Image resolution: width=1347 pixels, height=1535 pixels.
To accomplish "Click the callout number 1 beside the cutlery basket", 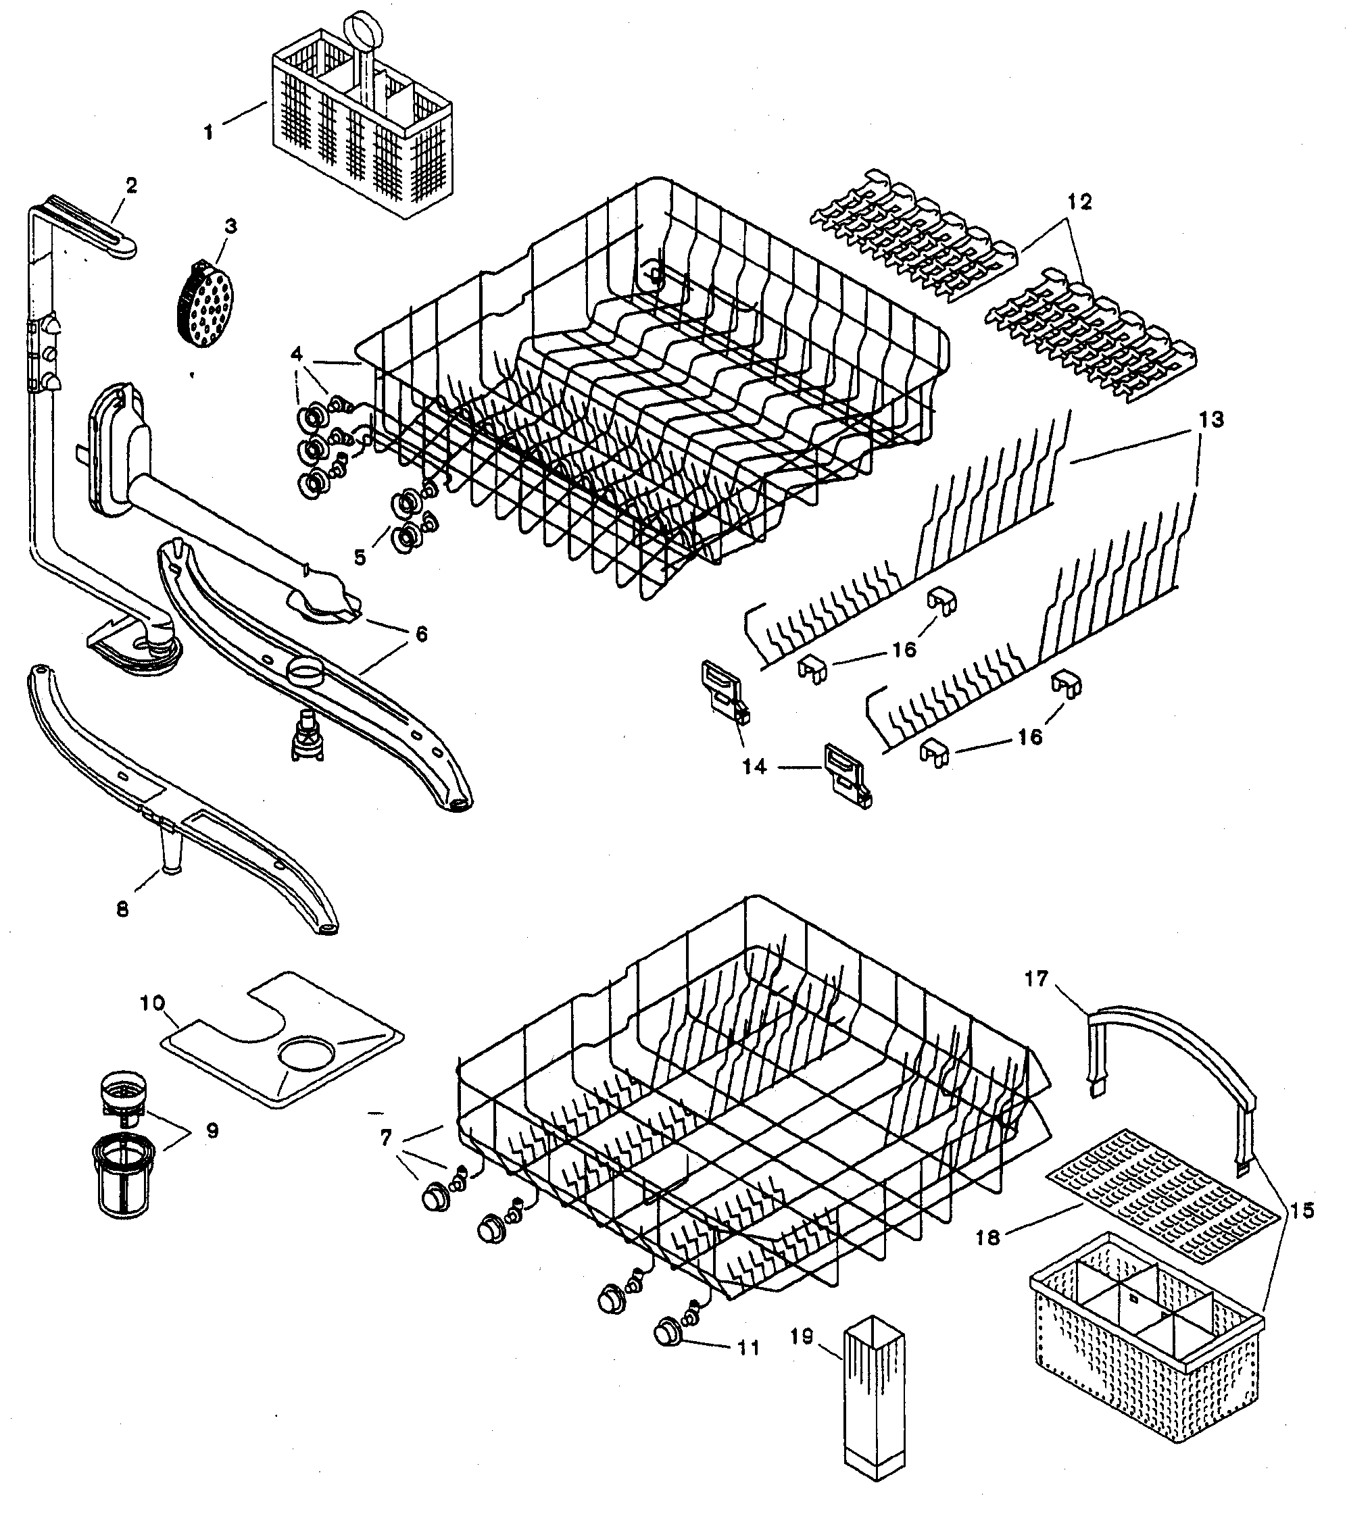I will point(208,133).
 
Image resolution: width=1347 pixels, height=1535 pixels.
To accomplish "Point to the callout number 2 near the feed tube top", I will point(132,184).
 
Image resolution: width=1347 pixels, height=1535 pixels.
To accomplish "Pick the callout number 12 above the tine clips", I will point(1079,202).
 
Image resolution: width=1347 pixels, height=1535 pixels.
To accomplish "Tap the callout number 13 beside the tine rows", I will point(1211,419).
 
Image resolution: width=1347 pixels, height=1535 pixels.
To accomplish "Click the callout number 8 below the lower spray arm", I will point(122,909).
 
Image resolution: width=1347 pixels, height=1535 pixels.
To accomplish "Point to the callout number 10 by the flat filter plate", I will point(153,1003).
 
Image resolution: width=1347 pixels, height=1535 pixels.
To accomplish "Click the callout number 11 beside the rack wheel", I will point(748,1348).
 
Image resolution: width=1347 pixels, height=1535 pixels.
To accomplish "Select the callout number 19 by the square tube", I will point(802,1338).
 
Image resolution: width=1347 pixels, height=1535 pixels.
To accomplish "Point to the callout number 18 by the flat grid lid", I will point(989,1237).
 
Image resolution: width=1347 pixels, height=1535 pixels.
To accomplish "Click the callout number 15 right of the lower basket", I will point(1304,1211).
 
